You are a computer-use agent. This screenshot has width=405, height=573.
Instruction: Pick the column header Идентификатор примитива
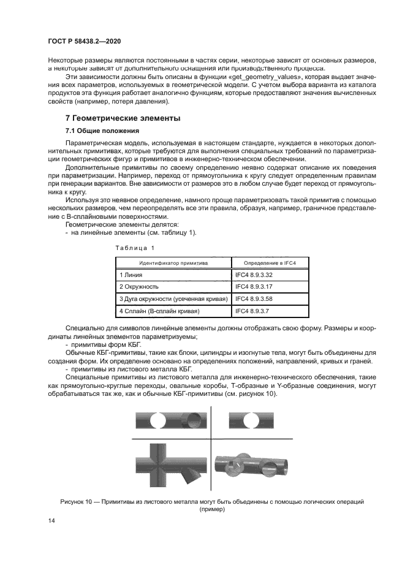point(173,262)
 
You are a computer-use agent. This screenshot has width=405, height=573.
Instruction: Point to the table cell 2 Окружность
point(139,287)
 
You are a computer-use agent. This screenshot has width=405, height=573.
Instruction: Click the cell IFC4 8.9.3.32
point(254,275)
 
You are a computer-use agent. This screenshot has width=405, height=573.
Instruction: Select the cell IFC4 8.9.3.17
point(254,287)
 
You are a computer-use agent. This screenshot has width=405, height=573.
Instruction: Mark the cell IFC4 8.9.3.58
point(254,299)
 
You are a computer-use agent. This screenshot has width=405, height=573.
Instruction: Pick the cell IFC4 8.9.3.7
point(252,311)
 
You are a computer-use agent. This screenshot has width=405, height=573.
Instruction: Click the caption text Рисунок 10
point(78,501)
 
